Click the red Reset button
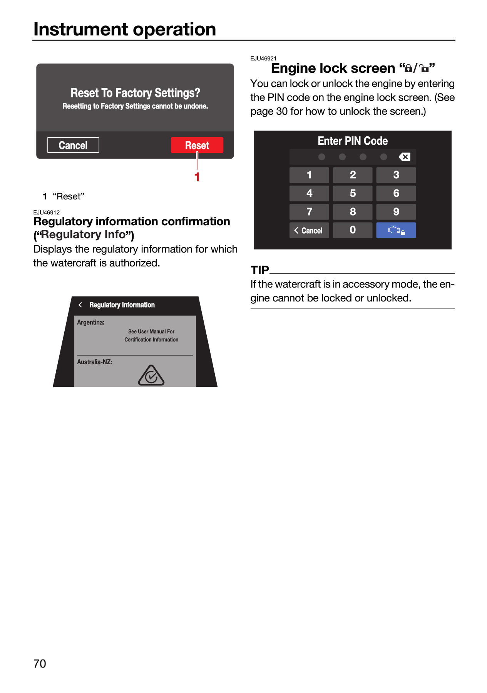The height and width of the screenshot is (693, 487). pyautogui.click(x=197, y=145)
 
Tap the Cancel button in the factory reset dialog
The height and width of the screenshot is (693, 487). pyautogui.click(x=73, y=145)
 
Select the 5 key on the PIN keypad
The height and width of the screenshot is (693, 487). pyautogui.click(x=353, y=193)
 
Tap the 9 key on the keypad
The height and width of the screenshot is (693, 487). pyautogui.click(x=396, y=212)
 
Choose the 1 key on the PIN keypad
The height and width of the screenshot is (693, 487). pyautogui.click(x=309, y=175)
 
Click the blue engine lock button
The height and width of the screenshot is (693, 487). pyautogui.click(x=396, y=230)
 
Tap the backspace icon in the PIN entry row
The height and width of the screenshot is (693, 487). pyautogui.click(x=404, y=157)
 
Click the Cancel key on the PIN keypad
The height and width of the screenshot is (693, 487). pyautogui.click(x=309, y=230)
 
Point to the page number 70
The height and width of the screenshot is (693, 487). pyautogui.click(x=40, y=663)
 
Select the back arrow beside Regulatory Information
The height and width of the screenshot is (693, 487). pyautogui.click(x=80, y=305)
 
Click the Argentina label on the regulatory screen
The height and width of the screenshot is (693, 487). pyautogui.click(x=91, y=322)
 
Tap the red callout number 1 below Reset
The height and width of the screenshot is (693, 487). pyautogui.click(x=197, y=177)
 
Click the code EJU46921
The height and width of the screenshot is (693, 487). pyautogui.click(x=263, y=59)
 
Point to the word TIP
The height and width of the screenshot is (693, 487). pyautogui.click(x=260, y=270)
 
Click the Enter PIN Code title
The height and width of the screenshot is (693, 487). pyautogui.click(x=353, y=141)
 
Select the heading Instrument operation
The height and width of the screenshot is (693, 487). pyautogui.click(x=125, y=29)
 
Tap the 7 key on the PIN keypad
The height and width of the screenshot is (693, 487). pyautogui.click(x=309, y=212)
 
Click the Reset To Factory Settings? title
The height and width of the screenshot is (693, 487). pyautogui.click(x=136, y=93)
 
